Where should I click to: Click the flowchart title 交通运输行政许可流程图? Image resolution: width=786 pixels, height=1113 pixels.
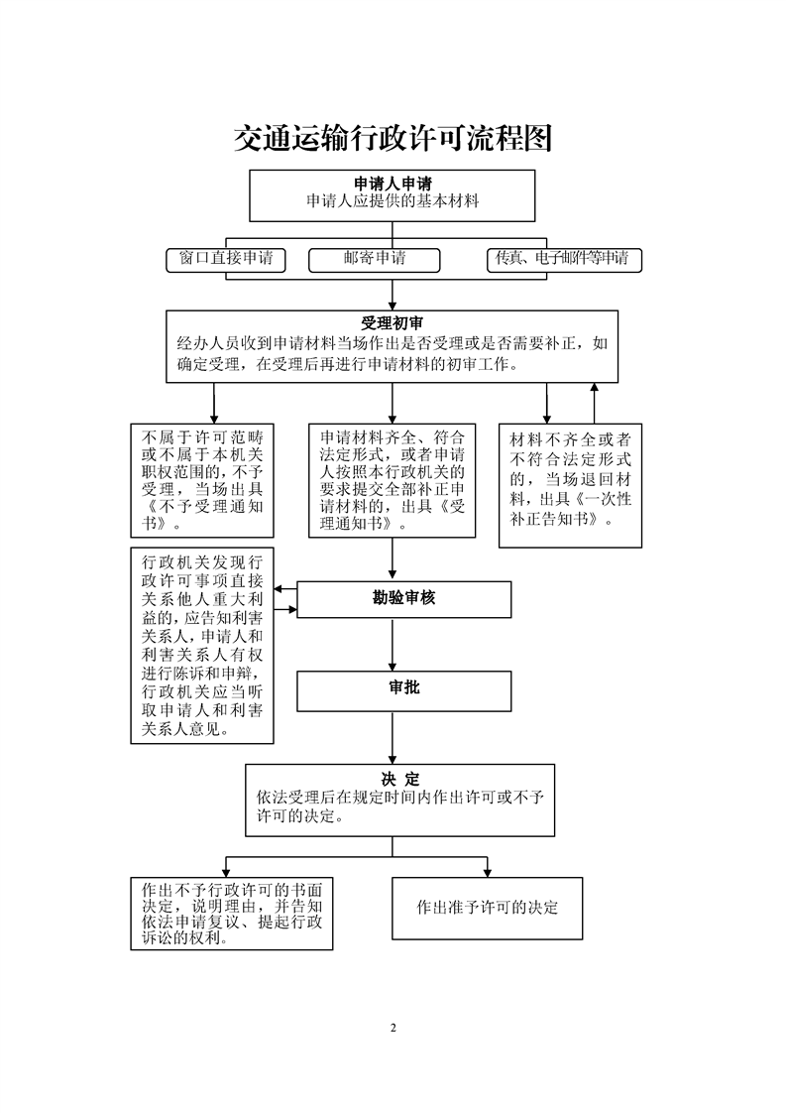point(393,139)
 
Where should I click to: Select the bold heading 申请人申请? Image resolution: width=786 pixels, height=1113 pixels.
point(393,185)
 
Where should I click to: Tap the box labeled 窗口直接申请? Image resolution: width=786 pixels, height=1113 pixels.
point(226,260)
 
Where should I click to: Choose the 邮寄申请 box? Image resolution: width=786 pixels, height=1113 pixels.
point(374,260)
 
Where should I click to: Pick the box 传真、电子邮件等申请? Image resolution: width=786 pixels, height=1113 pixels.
point(564,260)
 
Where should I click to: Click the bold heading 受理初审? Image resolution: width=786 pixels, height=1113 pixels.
point(393,323)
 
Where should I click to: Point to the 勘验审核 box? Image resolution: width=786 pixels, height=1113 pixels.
point(403,599)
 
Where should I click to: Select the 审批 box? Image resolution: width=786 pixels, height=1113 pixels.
point(403,690)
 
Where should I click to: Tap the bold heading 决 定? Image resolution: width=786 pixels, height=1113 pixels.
point(400,779)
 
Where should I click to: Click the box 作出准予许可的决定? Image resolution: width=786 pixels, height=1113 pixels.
point(488,908)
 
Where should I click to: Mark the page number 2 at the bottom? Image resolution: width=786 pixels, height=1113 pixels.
point(393,1028)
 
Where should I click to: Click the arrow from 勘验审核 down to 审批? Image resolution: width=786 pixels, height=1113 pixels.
point(393,645)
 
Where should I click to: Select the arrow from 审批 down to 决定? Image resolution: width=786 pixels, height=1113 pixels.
point(393,738)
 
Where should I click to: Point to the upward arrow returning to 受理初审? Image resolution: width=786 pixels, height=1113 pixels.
point(595,403)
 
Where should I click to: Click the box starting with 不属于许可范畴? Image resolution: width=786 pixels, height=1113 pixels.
point(202,480)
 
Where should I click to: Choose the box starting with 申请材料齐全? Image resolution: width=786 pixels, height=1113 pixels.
point(393,480)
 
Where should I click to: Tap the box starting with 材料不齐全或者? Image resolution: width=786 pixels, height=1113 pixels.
point(570,485)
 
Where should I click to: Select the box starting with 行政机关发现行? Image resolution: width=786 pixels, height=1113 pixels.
point(202,645)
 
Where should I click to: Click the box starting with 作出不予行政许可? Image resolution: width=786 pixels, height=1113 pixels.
point(232,914)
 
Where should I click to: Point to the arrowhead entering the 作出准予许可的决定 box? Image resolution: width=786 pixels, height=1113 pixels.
point(488,872)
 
